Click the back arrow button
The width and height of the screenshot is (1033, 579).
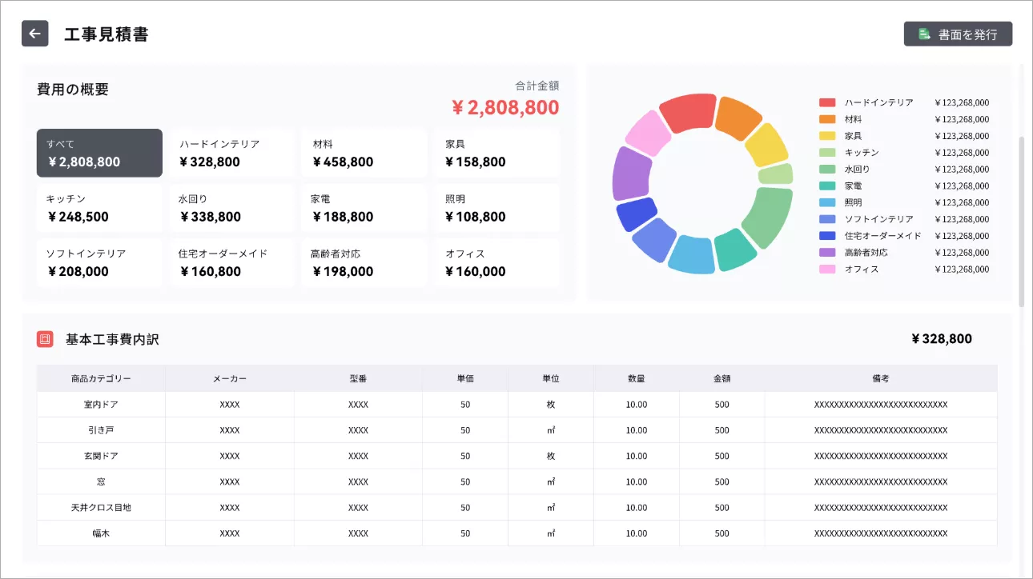(x=34, y=34)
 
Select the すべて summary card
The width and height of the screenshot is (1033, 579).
(x=99, y=153)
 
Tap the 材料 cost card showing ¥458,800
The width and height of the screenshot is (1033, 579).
(x=364, y=153)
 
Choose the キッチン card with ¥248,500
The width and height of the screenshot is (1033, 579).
(x=99, y=208)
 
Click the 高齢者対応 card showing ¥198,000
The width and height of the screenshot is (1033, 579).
(x=364, y=262)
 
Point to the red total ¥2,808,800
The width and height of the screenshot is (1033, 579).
(x=505, y=107)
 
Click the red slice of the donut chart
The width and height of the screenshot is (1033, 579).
(x=688, y=113)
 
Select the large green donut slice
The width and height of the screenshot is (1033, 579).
(x=769, y=216)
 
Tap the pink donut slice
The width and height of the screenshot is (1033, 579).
(x=649, y=133)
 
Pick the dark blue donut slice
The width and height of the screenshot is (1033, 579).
(x=637, y=214)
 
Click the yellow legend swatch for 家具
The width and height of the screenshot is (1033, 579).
(x=827, y=136)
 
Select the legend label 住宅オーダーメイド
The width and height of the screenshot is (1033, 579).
(x=882, y=236)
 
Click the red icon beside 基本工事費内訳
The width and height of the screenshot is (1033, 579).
(x=45, y=339)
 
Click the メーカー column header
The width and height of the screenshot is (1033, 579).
(x=230, y=378)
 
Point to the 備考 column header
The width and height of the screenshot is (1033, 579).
(x=881, y=378)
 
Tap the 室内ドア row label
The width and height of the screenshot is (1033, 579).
(x=101, y=405)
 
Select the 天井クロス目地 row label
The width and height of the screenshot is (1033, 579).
(x=101, y=508)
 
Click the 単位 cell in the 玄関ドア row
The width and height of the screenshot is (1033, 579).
(x=551, y=456)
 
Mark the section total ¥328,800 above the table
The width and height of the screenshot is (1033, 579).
(x=942, y=339)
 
